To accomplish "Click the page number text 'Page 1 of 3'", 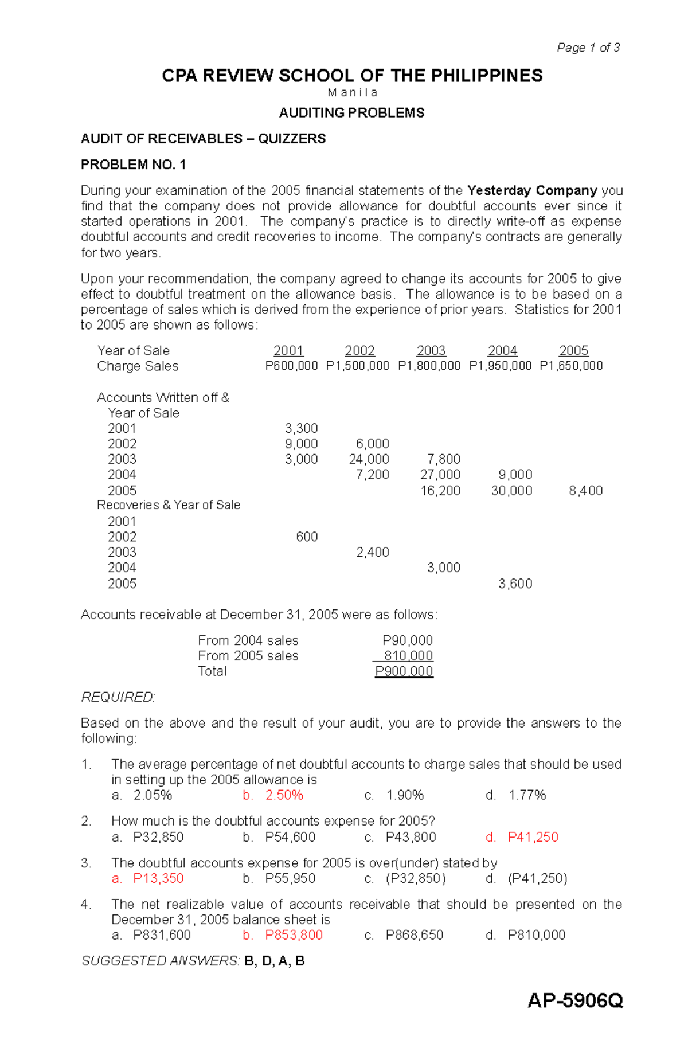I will (x=588, y=48).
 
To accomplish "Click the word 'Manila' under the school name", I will (x=352, y=93).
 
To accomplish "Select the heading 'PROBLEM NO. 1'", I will (x=133, y=165).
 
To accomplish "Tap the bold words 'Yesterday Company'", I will (x=532, y=190).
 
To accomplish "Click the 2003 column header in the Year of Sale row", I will (x=431, y=351).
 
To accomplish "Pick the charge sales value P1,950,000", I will (x=500, y=366).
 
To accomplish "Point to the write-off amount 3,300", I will (x=301, y=428).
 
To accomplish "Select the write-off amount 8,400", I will (x=585, y=491).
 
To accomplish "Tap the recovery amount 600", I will (x=307, y=537).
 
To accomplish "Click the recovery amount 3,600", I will (x=515, y=584).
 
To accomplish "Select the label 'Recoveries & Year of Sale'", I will (x=168, y=505).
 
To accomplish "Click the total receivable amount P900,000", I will (x=404, y=671).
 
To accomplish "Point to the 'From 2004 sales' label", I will (x=248, y=640).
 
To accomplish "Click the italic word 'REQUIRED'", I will (x=118, y=697).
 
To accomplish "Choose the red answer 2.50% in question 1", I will (x=284, y=795).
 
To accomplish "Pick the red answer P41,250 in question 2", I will (x=533, y=837).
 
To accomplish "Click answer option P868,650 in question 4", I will (x=414, y=935).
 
